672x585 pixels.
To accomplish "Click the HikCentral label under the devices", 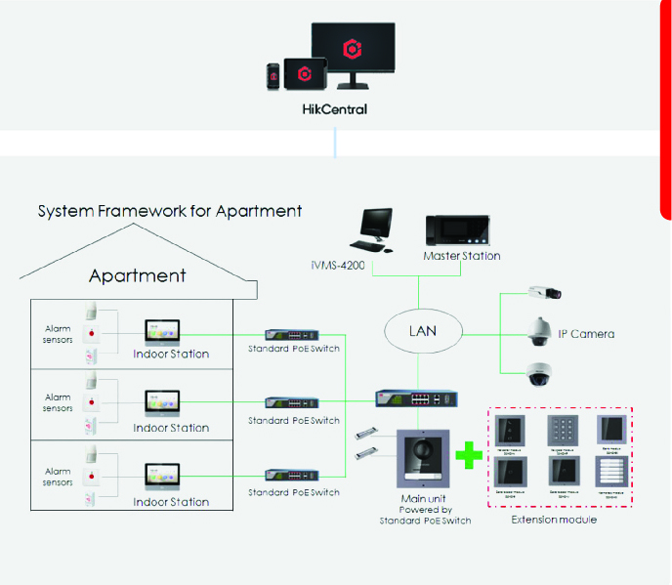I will tap(334, 109).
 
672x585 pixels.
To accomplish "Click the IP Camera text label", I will tap(586, 334).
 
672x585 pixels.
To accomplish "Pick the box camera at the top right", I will tap(542, 291).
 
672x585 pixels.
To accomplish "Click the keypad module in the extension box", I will tap(562, 430).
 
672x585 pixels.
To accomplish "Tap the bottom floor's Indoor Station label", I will tap(171, 502).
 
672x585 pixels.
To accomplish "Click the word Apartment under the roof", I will tap(138, 276).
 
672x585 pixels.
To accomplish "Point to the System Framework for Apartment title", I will tap(170, 211).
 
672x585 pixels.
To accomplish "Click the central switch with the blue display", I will tap(417, 398).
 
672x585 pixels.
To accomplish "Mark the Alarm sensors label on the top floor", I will tap(58, 333).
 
